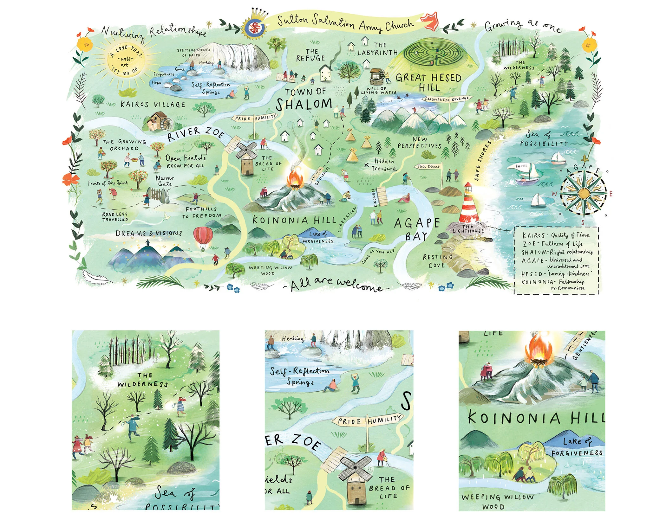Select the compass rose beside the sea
tap(583, 193)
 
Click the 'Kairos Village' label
tap(153, 104)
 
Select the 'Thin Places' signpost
tap(428, 167)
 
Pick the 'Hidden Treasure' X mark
tap(366, 165)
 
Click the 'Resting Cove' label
tap(437, 261)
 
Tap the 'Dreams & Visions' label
tap(149, 233)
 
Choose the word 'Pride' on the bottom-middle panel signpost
tap(349, 421)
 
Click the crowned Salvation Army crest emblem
tap(254, 27)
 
